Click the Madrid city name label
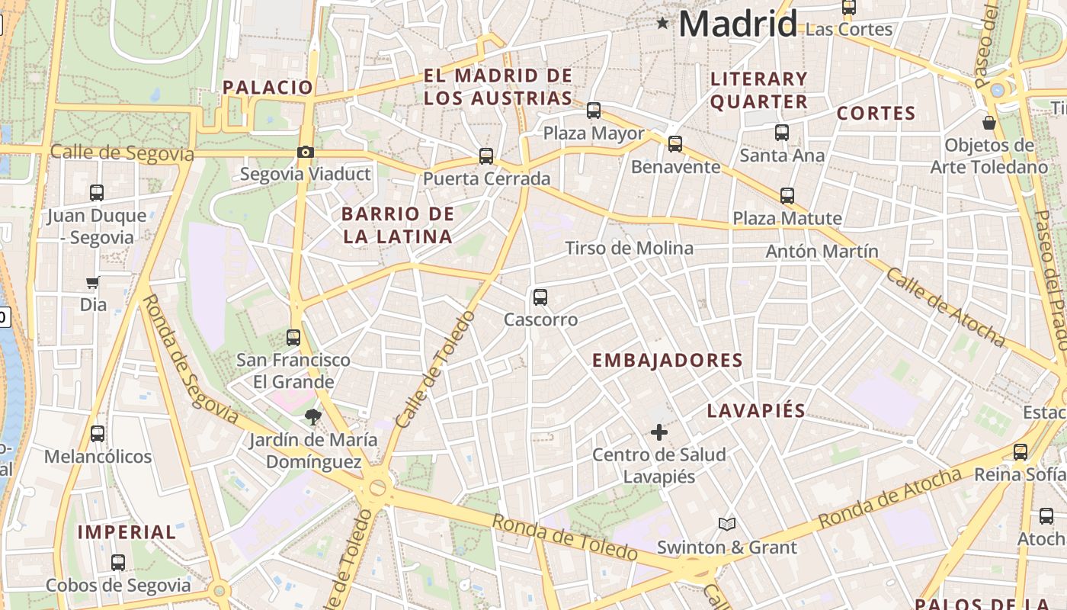[737, 24]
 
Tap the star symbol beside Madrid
[663, 24]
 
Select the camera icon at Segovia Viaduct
[306, 152]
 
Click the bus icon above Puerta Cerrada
[486, 156]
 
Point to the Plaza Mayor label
[594, 133]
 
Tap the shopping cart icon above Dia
[93, 283]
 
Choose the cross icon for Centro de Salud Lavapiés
[659, 433]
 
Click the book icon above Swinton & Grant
[727, 525]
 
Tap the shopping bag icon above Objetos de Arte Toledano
[989, 122]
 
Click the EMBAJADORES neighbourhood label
[668, 361]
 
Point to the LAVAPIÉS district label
[756, 410]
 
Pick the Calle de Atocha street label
[945, 307]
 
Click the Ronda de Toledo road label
[564, 537]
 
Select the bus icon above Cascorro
[540, 297]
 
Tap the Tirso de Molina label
[629, 248]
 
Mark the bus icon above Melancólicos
[98, 434]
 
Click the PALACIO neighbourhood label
[268, 87]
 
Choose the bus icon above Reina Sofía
[1021, 452]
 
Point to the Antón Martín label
[822, 251]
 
